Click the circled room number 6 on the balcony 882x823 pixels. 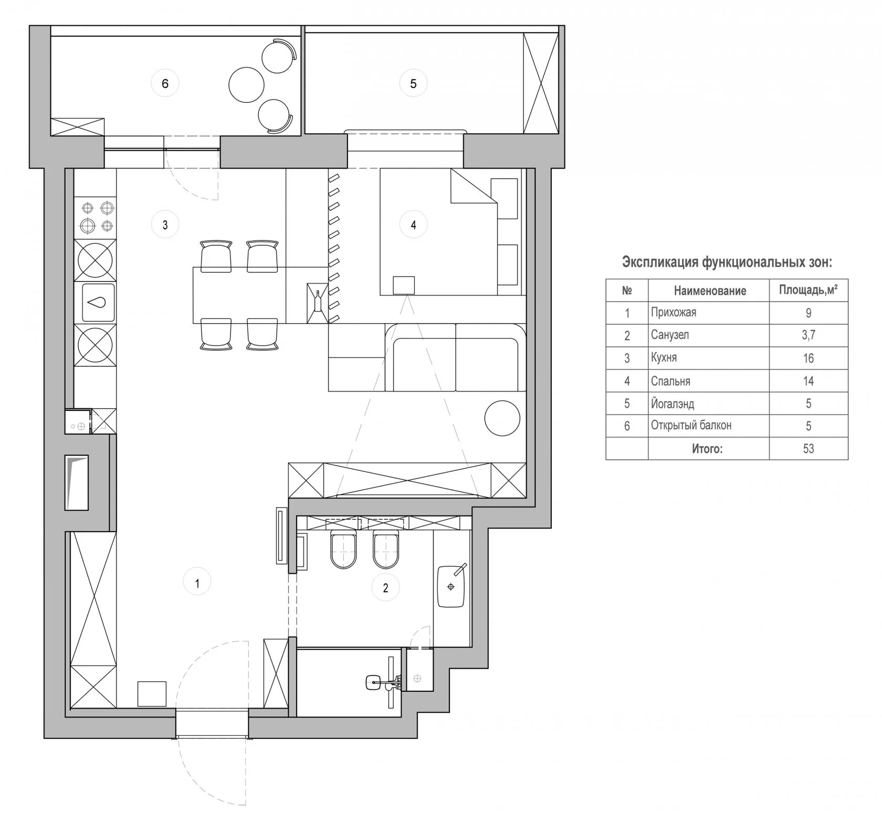pyautogui.click(x=165, y=83)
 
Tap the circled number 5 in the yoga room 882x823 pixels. pyautogui.click(x=413, y=83)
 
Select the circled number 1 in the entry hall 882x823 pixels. pyautogui.click(x=197, y=583)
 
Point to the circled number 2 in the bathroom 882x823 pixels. pyautogui.click(x=385, y=587)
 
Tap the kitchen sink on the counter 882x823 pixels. pyautogui.click(x=98, y=302)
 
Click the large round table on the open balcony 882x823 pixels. pyautogui.click(x=246, y=85)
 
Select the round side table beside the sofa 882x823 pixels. pyautogui.click(x=502, y=418)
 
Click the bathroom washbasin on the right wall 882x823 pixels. pyautogui.click(x=451, y=585)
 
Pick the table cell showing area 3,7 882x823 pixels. pyautogui.click(x=808, y=335)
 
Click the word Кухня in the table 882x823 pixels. pyautogui.click(x=664, y=357)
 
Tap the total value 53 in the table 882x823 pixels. pyautogui.click(x=808, y=448)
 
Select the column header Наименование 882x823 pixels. pyautogui.click(x=710, y=291)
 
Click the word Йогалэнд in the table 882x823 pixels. pyautogui.click(x=672, y=403)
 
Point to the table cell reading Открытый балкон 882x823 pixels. pyautogui.click(x=691, y=425)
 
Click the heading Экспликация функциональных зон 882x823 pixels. pyautogui.click(x=727, y=262)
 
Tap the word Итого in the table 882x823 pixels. pyautogui.click(x=707, y=448)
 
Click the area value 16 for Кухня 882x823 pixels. pyautogui.click(x=808, y=358)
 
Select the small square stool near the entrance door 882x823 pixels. pyautogui.click(x=152, y=693)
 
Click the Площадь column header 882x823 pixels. pyautogui.click(x=808, y=290)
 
